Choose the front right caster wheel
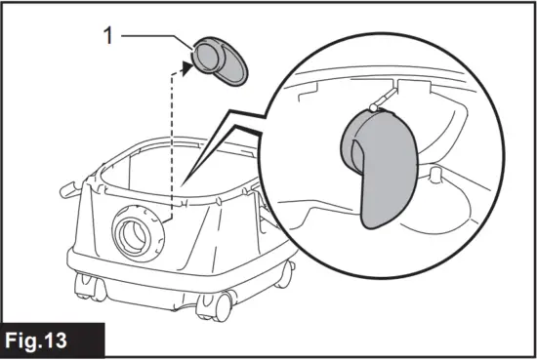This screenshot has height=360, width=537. click(x=216, y=304)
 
